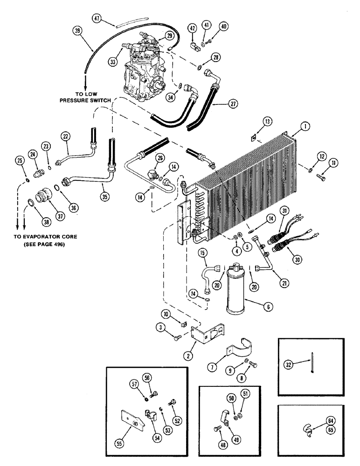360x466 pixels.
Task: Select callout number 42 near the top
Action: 191,27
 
